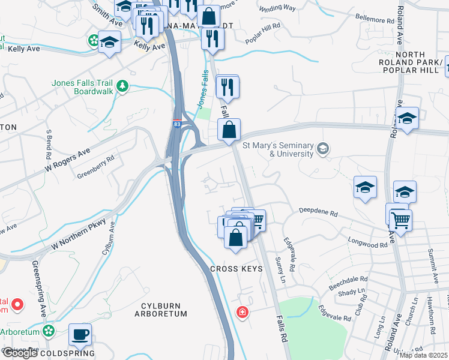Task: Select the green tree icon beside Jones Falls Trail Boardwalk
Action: (x=122, y=86)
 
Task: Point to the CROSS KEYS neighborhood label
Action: (x=237, y=269)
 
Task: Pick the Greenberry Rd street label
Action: (x=95, y=168)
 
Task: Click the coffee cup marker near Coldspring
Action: (x=80, y=334)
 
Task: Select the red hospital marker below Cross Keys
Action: (x=242, y=312)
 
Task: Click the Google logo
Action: (x=19, y=353)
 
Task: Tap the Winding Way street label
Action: (x=277, y=8)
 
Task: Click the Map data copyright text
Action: (x=423, y=355)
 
